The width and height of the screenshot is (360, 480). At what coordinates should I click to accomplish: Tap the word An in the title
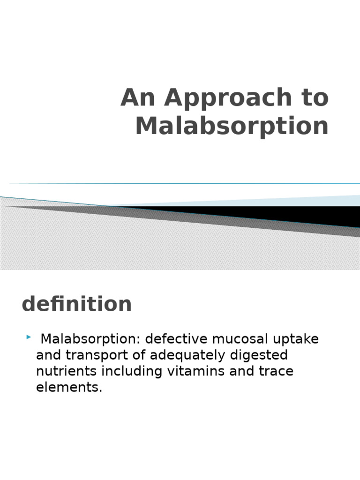click(140, 98)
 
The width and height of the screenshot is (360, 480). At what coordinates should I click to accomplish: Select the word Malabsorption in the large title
click(232, 126)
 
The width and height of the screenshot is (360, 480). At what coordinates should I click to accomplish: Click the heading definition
click(76, 304)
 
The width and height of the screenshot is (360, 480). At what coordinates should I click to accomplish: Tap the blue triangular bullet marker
click(29, 337)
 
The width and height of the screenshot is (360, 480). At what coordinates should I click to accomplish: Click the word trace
click(276, 371)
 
